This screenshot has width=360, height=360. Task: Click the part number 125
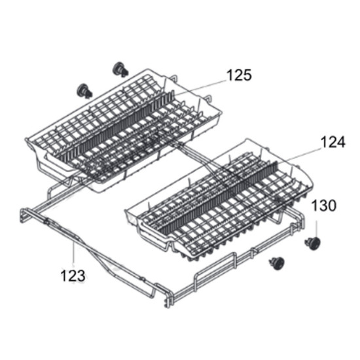tap(238, 76)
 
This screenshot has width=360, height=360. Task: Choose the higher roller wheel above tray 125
tap(120, 69)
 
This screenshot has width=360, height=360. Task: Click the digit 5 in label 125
tap(247, 76)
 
